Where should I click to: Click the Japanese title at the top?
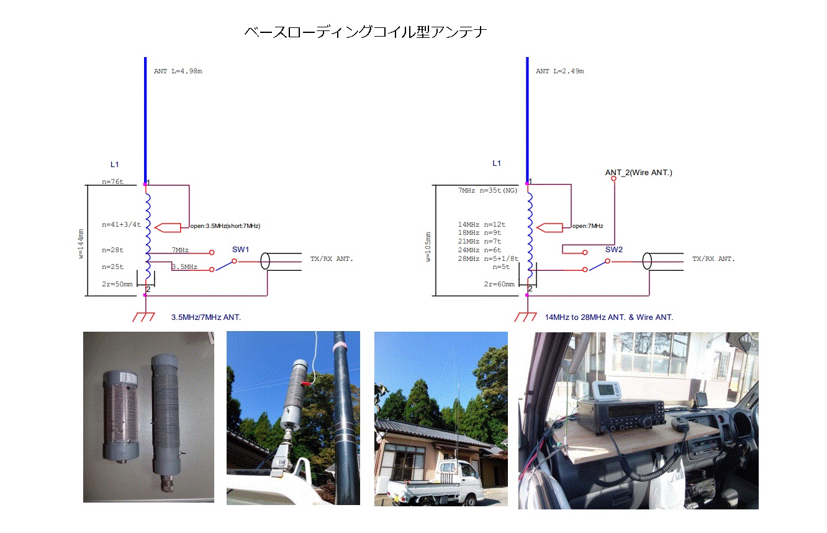pos(366,32)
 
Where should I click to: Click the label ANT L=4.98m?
pos(178,71)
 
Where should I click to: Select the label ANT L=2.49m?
pos(559,71)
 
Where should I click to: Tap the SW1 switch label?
pos(240,250)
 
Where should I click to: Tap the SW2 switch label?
pos(613,250)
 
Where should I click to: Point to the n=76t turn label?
pos(112,182)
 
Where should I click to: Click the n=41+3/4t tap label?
pos(122,225)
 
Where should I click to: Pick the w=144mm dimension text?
pos(81,244)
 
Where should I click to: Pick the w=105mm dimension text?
pos(428,247)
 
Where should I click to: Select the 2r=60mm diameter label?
pos(499,284)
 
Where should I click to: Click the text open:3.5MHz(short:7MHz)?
pos(225,226)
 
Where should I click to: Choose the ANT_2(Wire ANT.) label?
pos(639,173)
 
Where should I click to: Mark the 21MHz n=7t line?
pos(479,242)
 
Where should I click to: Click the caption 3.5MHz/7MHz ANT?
pos(206,317)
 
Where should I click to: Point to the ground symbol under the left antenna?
pos(143,317)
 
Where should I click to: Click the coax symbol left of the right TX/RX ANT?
pos(647,262)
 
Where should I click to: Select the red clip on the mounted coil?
pos(306,384)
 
